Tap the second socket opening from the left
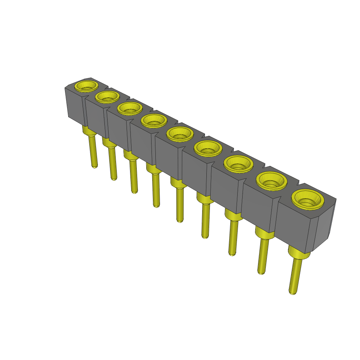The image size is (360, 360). coord(107,96)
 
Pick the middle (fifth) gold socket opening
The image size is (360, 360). coord(180,134)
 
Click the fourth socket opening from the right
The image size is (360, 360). coord(208,148)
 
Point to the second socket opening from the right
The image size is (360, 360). coord(271,181)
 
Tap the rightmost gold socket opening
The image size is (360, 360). coord(308,199)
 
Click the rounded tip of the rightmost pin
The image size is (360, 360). coord(291,291)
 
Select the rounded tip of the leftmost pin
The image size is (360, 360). coord(95,166)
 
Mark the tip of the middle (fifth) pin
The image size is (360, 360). coord(180,220)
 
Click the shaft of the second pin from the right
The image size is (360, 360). coord(262,255)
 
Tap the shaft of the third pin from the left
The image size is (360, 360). coord(133,176)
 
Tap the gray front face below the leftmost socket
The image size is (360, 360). coord(75,105)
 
